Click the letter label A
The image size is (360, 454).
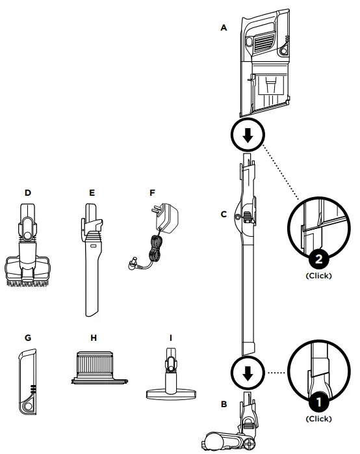click(224, 29)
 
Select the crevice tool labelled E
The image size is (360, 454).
click(92, 260)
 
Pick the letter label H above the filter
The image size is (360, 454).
click(93, 338)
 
